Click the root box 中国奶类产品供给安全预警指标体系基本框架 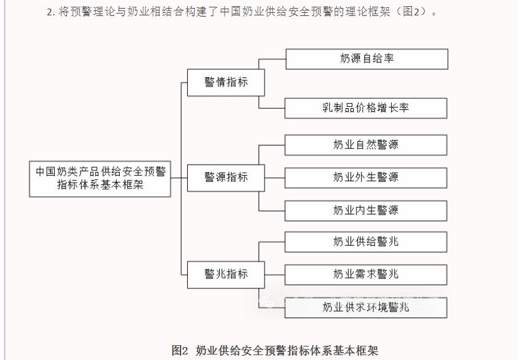(x=100, y=178)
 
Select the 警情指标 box (x=226, y=82)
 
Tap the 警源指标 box (x=226, y=178)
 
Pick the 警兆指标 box (x=226, y=274)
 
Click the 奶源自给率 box (x=367, y=59)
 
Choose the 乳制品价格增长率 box (x=366, y=108)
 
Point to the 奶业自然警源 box (x=366, y=145)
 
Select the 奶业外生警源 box (x=366, y=178)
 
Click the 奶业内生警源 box (x=366, y=211)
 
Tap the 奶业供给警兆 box (x=366, y=242)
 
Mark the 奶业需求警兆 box (x=366, y=274)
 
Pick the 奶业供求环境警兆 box (x=366, y=307)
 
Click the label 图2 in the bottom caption (x=179, y=351)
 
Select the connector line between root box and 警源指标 (x=179, y=178)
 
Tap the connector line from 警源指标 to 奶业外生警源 (x=275, y=178)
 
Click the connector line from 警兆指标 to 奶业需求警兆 (x=275, y=274)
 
